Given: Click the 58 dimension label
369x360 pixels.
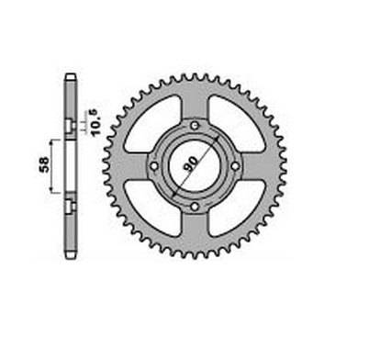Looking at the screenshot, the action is (x=44, y=164).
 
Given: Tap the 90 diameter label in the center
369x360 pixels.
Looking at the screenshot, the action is (x=191, y=163).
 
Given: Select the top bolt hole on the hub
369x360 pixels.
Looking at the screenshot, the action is (x=195, y=125).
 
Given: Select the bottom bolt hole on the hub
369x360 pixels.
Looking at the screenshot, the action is (x=195, y=207).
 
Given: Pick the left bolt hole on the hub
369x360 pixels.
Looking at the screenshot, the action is (x=154, y=166).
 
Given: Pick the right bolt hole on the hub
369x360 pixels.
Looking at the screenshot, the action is (x=235, y=166).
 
